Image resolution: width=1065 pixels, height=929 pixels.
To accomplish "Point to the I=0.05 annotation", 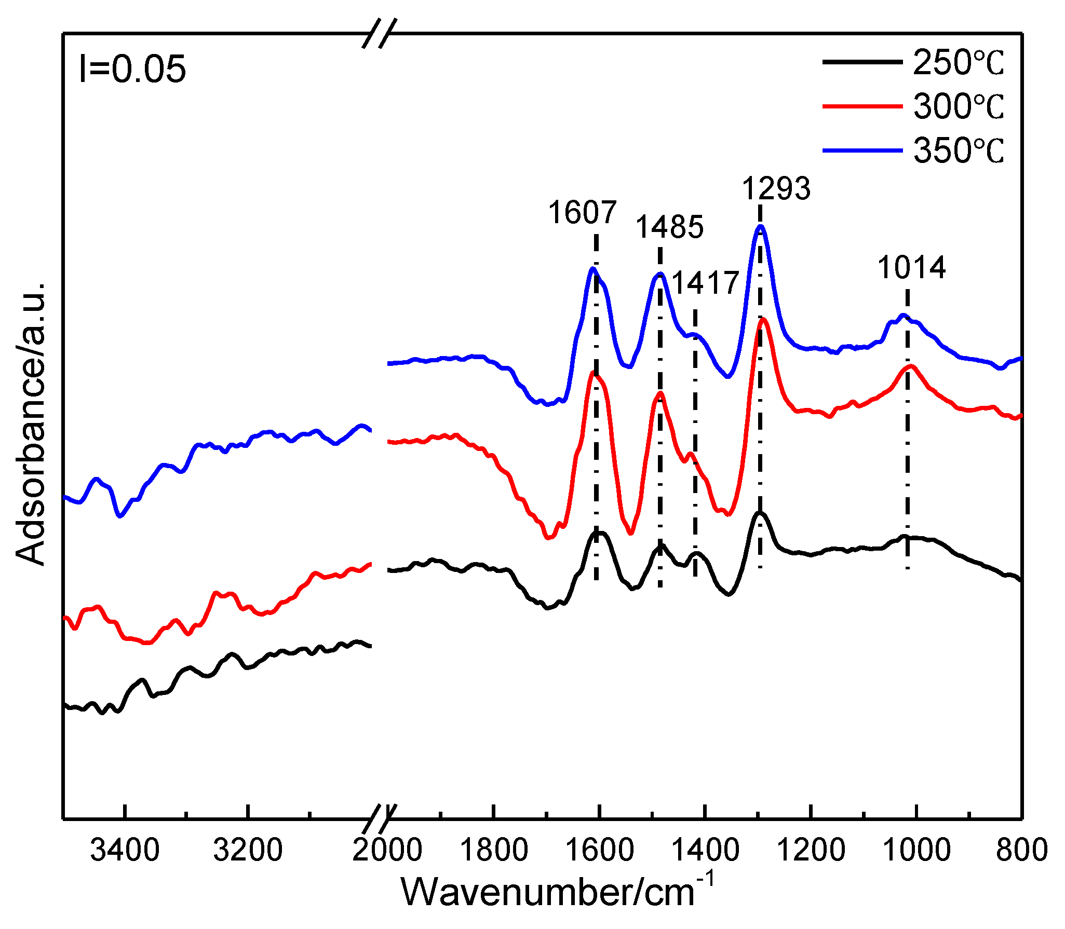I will pyautogui.click(x=132, y=69).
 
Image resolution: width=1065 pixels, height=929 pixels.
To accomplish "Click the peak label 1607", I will pyautogui.click(x=582, y=212).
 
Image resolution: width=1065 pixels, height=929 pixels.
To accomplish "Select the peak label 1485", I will pyautogui.click(x=669, y=227).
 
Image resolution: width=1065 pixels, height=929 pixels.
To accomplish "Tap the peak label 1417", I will pyautogui.click(x=705, y=283).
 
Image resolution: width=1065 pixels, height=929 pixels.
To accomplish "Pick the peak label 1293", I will pyautogui.click(x=776, y=188).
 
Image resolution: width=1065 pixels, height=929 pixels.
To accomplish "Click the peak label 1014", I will pyautogui.click(x=911, y=268).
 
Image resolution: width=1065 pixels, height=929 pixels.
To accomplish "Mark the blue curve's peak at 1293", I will pyautogui.click(x=761, y=226).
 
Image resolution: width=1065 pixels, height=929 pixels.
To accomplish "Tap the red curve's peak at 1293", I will pyautogui.click(x=763, y=320).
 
